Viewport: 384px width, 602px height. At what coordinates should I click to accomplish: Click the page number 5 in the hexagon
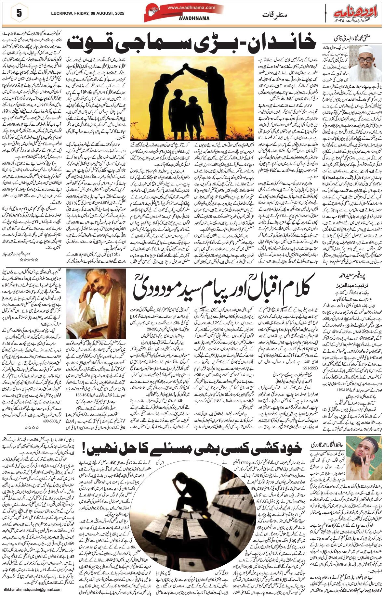(x=19, y=13)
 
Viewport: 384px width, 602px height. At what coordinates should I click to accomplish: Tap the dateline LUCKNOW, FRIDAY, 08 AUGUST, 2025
(x=87, y=13)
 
